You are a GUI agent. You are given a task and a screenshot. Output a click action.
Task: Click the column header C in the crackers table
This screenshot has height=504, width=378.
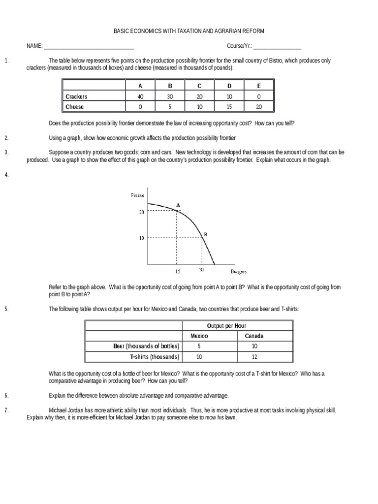(199, 86)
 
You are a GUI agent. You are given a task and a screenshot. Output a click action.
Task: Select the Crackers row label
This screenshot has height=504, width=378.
(76, 96)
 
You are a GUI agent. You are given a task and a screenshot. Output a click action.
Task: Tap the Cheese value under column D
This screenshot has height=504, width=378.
(229, 107)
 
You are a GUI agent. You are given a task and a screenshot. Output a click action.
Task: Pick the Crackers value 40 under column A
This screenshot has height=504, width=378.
(140, 96)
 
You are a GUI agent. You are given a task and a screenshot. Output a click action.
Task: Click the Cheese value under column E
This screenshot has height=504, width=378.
(259, 107)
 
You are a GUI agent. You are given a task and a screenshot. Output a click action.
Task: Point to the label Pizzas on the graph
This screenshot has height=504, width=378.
(137, 195)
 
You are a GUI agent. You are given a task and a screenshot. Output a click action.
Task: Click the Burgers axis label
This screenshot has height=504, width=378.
(239, 271)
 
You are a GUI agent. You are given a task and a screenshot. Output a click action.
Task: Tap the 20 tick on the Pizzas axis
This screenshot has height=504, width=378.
(141, 212)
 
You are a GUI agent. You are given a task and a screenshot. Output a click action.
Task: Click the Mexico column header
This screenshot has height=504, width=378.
(199, 336)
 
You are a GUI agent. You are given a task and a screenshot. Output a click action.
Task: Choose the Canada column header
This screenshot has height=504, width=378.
(254, 336)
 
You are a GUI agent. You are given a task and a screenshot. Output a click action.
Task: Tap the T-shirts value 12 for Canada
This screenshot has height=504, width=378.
(254, 357)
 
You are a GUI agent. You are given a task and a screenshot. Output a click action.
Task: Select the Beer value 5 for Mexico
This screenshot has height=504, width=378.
(199, 346)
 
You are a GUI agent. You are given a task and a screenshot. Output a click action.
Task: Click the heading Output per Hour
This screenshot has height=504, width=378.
(227, 326)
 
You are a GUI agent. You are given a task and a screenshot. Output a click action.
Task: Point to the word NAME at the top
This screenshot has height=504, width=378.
(34, 46)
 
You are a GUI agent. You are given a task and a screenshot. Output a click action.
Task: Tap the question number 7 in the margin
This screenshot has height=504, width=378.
(6, 410)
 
